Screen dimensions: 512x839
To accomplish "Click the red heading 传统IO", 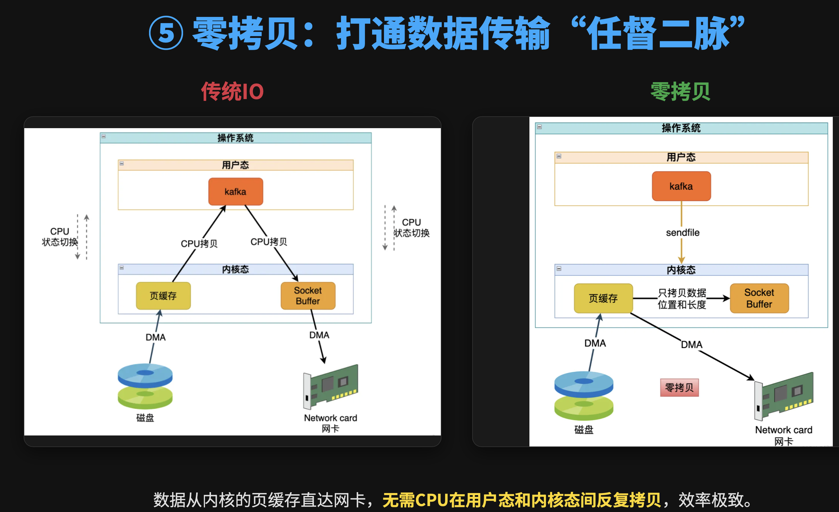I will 232,91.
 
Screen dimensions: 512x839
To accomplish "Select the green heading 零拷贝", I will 680,91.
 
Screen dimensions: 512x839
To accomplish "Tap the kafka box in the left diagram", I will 235,192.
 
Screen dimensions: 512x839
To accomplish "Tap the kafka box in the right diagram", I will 681,186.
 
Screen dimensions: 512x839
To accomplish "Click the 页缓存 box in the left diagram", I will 163,295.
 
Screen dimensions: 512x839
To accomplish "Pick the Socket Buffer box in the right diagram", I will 759,298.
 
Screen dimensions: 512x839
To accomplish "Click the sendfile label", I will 682,233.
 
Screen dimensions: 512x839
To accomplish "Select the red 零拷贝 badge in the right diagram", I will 679,388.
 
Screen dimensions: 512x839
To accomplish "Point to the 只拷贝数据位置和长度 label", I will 682,299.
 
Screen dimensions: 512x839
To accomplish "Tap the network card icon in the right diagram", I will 784,396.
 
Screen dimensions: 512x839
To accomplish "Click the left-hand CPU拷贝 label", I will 199,243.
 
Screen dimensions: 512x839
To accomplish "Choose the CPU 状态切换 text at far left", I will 60,236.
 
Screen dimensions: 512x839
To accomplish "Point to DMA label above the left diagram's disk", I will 155,337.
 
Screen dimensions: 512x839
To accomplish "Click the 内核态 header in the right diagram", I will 681,270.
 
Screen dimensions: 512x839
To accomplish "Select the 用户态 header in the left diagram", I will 235,165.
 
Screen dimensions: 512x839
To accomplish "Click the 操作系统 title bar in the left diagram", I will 235,138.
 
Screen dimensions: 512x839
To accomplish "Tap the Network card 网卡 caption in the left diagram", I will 330,423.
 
